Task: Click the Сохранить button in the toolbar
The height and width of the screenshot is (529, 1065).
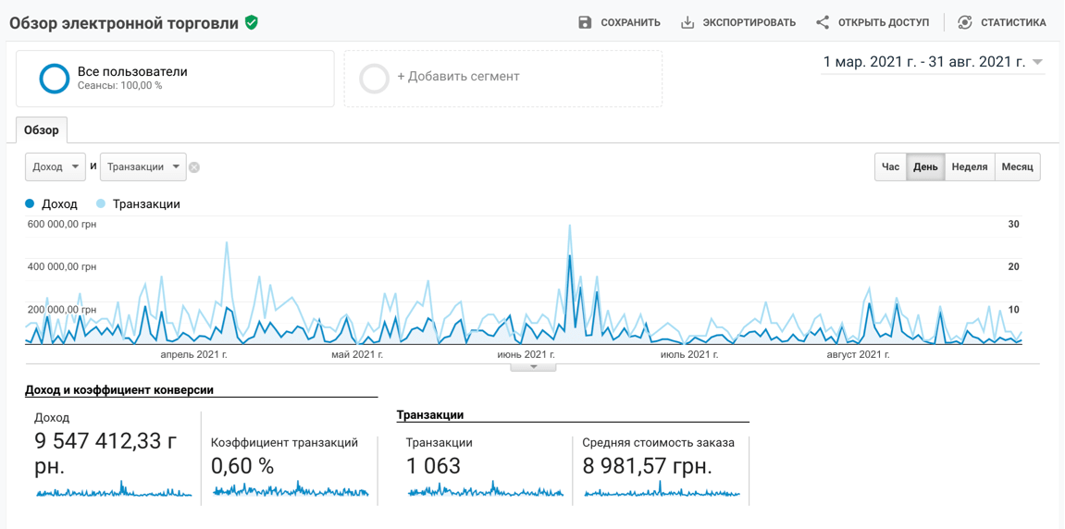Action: coord(619,22)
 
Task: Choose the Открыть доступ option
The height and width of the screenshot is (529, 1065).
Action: coord(873,22)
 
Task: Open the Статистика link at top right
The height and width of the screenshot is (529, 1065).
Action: coord(1002,22)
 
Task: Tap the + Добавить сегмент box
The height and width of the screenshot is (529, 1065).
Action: coord(502,78)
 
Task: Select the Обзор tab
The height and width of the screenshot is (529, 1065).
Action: coord(42,130)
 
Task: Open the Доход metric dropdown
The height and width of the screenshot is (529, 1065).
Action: coord(56,166)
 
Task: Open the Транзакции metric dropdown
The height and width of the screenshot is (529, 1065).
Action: coord(142,166)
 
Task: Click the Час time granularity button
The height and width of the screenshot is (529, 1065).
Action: coord(890,166)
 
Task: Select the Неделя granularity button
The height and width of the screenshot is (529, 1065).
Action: coord(969,166)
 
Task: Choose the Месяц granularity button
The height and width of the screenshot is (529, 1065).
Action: coord(1017,166)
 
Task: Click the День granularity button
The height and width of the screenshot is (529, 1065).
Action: coord(925,166)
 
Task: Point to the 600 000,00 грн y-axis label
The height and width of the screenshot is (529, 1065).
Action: coord(62,224)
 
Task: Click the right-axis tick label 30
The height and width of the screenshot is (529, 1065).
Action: coord(1013,224)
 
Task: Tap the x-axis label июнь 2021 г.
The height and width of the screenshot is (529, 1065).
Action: coord(526,354)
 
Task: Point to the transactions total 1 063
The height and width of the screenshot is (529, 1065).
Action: coord(433,465)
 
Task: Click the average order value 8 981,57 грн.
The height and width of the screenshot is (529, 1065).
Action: coord(647,465)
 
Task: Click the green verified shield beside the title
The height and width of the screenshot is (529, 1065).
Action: coord(252,22)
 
